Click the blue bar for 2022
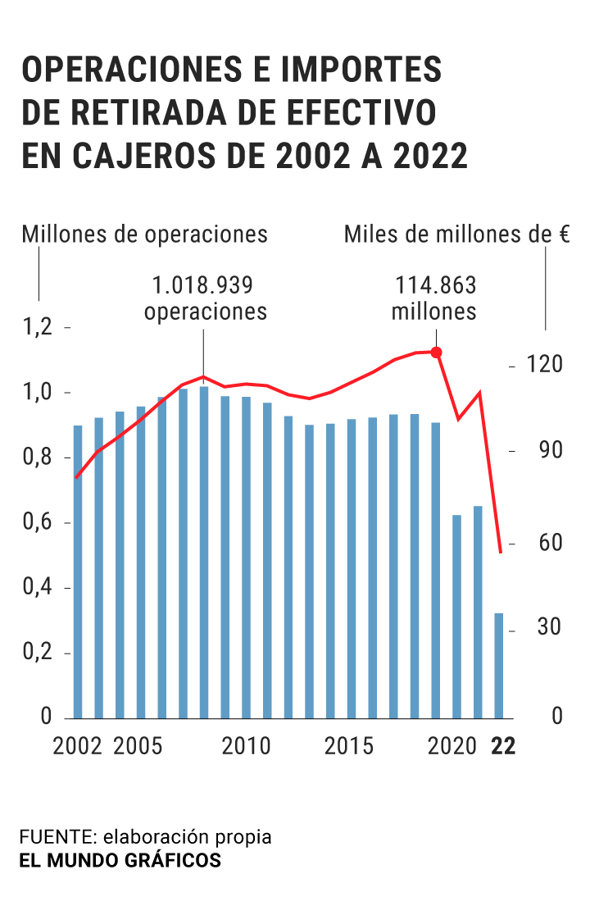[498, 665]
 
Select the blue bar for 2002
[78, 571]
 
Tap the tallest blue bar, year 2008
[204, 552]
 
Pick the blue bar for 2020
[456, 616]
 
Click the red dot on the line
[436, 353]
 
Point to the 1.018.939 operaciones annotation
[206, 298]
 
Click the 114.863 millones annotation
[434, 298]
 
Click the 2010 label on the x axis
[246, 747]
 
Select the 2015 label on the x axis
[349, 747]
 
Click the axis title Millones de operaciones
[145, 234]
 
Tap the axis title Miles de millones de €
[456, 234]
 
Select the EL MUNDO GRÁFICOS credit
[120, 861]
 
